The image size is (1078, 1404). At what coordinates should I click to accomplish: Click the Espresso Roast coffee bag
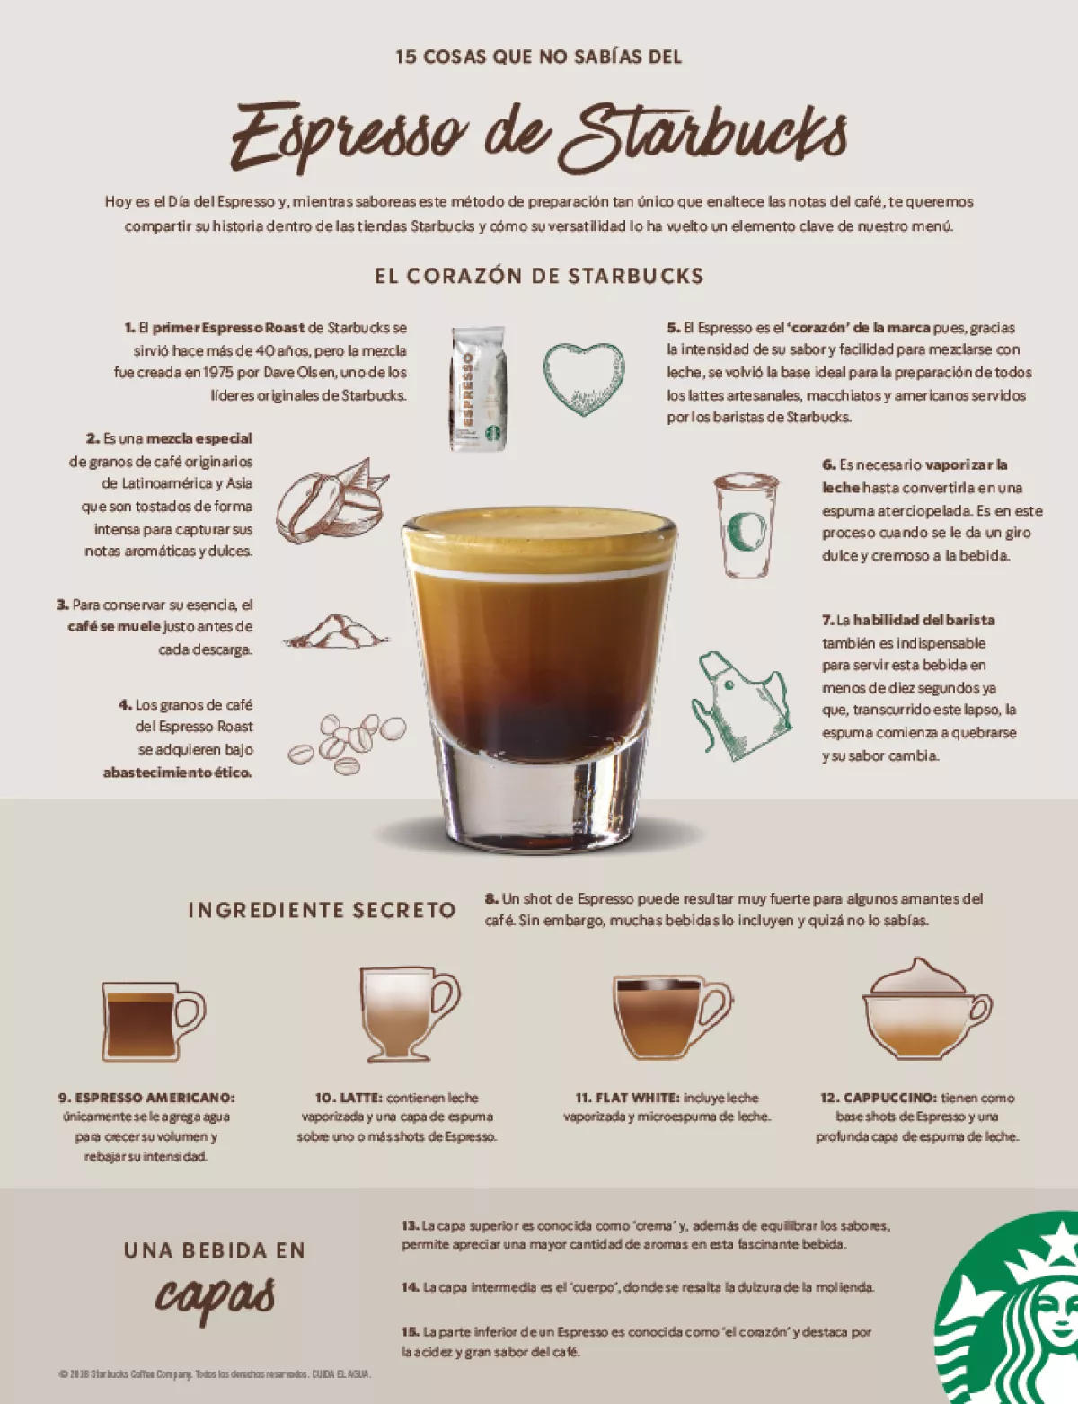click(x=478, y=388)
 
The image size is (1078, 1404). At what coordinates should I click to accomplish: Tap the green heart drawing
click(x=583, y=377)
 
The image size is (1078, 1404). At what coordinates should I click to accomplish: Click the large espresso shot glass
click(x=538, y=674)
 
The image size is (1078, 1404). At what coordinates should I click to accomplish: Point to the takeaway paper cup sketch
click(x=746, y=525)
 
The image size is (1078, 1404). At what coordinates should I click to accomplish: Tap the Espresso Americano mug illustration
click(x=151, y=1020)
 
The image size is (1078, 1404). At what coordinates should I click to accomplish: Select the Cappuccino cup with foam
click(x=925, y=1010)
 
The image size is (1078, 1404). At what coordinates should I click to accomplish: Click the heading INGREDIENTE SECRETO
click(x=322, y=910)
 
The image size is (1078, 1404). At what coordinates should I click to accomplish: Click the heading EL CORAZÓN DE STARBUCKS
click(x=539, y=276)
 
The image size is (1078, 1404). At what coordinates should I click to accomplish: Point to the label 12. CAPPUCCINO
click(x=878, y=1098)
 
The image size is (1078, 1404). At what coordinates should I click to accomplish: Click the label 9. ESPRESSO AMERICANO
click(x=146, y=1098)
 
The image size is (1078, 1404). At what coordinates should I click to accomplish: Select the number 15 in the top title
click(x=406, y=57)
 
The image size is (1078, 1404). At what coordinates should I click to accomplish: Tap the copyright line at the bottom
click(x=215, y=1374)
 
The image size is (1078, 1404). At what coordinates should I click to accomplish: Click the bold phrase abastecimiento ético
click(x=177, y=773)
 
